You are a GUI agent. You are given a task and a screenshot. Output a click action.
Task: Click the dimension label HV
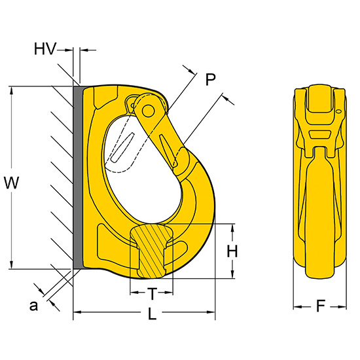[x=45, y=48]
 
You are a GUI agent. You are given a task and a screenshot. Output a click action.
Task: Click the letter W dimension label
[x=12, y=183]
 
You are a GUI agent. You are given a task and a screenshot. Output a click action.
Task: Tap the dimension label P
[x=210, y=79]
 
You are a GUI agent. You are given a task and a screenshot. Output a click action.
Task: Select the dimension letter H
[x=232, y=251]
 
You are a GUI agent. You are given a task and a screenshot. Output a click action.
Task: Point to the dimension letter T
[x=152, y=294]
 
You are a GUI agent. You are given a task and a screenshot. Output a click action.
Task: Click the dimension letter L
[x=152, y=314]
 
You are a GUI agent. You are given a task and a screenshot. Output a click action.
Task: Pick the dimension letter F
[x=321, y=306]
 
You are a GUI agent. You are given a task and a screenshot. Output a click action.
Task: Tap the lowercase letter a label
[x=33, y=306]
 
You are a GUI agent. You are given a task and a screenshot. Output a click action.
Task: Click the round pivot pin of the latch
[x=148, y=111]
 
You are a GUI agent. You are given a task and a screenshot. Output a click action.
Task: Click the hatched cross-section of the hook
[x=152, y=251]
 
